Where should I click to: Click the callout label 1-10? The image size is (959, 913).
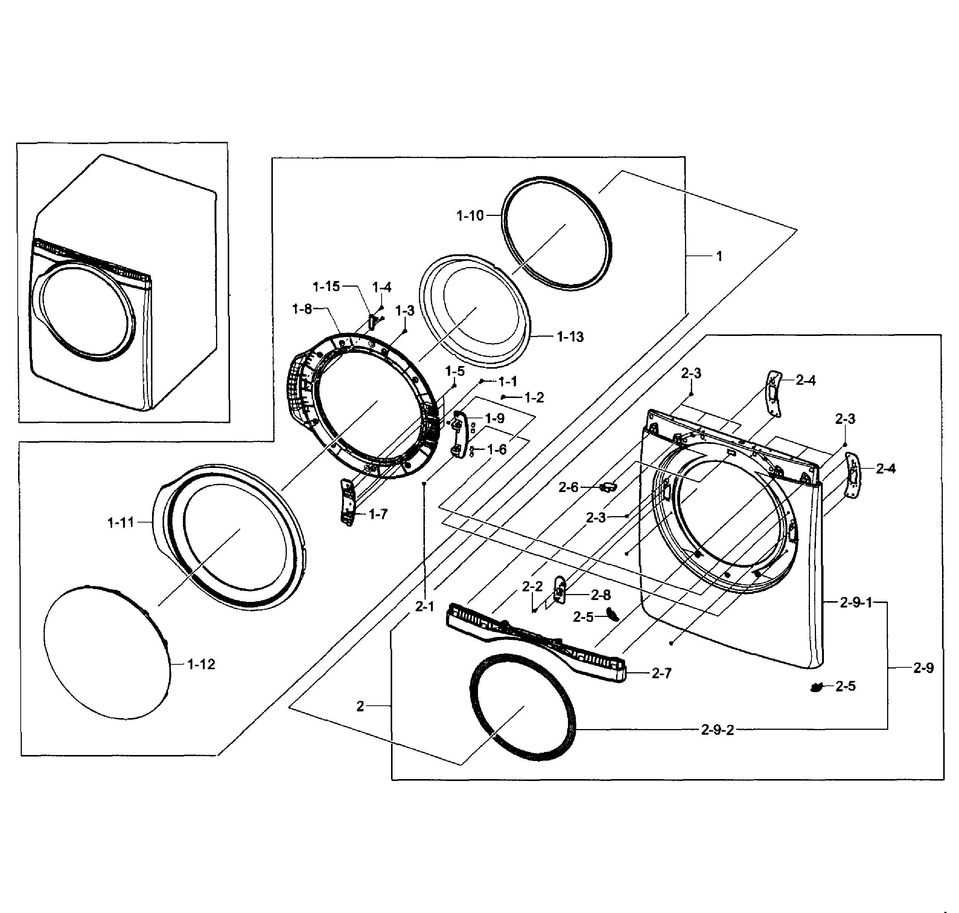coord(470,216)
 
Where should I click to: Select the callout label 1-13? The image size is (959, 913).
coord(570,336)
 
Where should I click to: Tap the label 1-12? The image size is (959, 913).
coord(201,664)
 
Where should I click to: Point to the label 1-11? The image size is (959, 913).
coord(121,523)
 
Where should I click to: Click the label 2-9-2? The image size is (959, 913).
coord(717,730)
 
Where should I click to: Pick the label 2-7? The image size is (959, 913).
coord(662,673)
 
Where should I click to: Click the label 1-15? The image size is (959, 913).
coord(326,287)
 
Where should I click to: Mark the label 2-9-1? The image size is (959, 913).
coord(856,603)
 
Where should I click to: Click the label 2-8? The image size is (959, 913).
coord(601,595)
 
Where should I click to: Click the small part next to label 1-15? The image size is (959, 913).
coord(371,321)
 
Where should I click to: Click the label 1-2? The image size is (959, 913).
coord(534,398)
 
